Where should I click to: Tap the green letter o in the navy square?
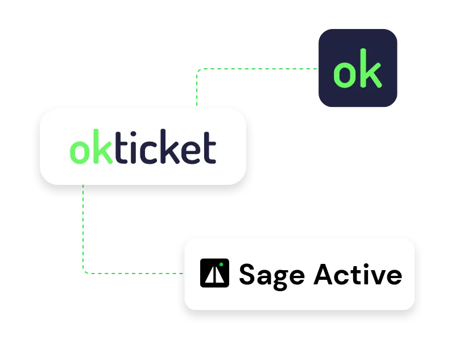point(344,74)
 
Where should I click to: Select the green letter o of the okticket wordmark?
point(80,151)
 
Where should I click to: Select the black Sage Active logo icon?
point(214,273)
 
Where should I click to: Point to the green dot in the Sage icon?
point(221,265)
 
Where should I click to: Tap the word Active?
point(358,274)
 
